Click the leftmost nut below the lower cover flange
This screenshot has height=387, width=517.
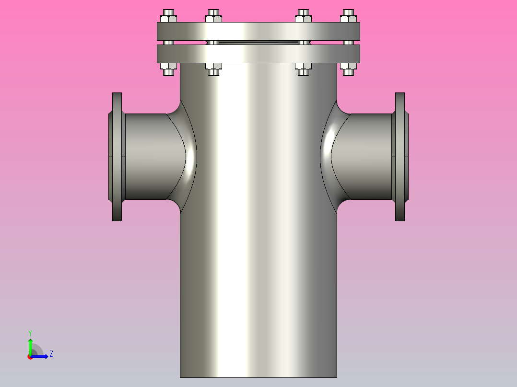point(168,69)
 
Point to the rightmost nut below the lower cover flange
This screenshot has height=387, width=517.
point(348,69)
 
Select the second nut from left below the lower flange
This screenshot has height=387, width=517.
point(213,69)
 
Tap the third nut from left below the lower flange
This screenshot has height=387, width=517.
point(303,69)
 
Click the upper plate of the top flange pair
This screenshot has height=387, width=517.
point(258,31)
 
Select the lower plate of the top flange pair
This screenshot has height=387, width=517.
point(258,54)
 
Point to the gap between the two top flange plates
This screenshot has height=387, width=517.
point(258,43)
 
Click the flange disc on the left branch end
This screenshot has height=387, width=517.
point(117,157)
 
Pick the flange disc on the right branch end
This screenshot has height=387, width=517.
point(400,157)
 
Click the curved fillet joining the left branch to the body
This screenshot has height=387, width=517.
point(185,157)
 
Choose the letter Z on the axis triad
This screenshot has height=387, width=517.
point(51,354)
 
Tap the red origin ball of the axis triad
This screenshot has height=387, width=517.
point(30,357)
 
